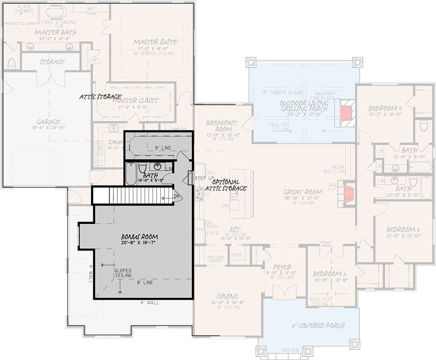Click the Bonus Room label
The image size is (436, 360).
click(140, 237)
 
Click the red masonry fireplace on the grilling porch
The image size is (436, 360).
click(345, 113)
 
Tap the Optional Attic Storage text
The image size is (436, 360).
click(226, 185)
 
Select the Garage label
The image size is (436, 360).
click(48, 122)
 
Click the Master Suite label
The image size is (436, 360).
click(155, 42)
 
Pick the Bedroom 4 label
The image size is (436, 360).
click(385, 108)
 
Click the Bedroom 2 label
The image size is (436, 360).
click(330, 274)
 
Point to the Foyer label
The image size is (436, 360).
click(282, 267)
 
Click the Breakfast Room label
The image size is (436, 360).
click(222, 126)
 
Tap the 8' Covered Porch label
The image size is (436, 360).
click(318, 326)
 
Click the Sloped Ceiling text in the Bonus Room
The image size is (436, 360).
click(123, 273)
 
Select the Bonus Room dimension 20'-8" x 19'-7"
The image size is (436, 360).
click(140, 243)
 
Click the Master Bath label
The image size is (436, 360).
click(56, 32)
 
